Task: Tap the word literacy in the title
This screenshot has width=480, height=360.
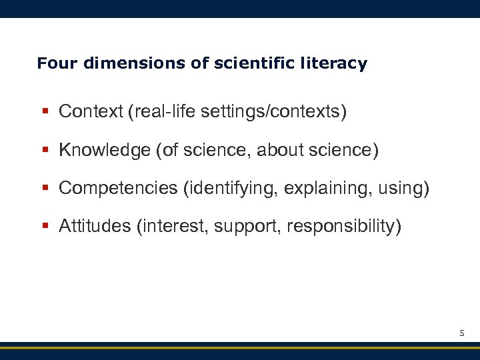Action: (337, 64)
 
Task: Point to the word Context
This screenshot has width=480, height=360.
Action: (85, 112)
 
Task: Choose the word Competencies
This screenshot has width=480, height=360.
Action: (119, 189)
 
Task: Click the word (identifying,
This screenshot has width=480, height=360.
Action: (231, 189)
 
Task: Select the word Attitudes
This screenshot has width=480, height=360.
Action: (95, 227)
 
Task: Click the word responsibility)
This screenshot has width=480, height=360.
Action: (344, 227)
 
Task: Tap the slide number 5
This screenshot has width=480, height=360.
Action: (461, 331)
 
